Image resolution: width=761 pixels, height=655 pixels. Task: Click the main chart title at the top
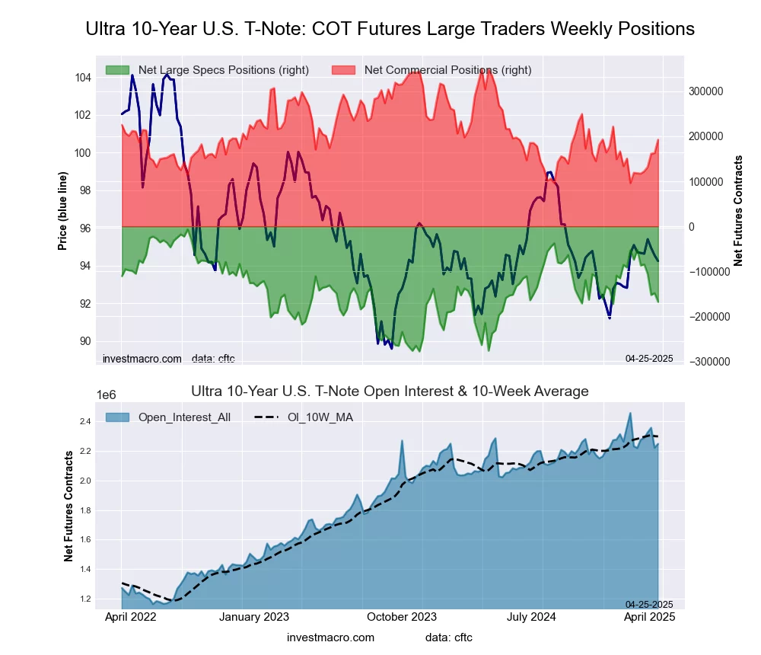[390, 29]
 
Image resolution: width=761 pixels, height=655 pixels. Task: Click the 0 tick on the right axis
[691, 227]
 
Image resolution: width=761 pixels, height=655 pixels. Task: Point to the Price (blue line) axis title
[62, 209]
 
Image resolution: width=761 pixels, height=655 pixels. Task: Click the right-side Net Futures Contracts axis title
[738, 210]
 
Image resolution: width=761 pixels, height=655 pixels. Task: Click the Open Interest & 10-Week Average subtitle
[390, 391]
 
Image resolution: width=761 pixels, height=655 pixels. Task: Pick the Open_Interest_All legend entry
[184, 417]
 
